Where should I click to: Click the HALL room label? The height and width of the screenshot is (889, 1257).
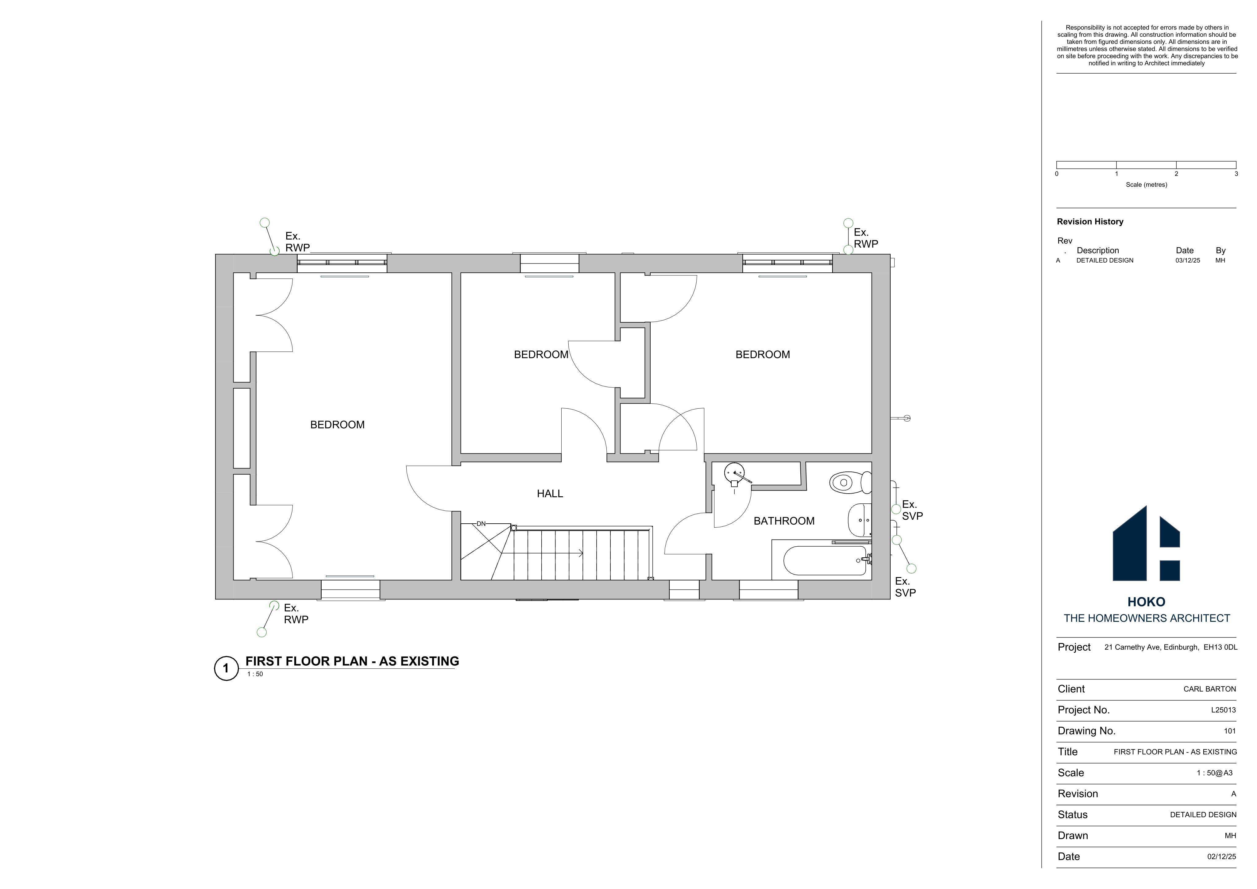(x=550, y=494)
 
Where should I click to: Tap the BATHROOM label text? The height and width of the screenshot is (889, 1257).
(x=784, y=521)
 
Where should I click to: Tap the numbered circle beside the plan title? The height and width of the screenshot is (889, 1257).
(x=226, y=668)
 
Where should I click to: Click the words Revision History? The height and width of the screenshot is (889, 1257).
(x=1090, y=222)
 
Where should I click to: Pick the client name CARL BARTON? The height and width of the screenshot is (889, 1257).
(x=1209, y=689)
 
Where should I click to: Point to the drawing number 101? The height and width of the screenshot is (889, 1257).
(x=1230, y=731)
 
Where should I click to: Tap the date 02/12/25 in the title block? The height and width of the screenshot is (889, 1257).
(x=1221, y=857)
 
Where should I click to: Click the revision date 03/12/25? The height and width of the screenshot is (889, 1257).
(x=1187, y=260)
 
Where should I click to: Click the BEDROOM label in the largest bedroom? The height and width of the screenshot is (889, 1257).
(x=337, y=425)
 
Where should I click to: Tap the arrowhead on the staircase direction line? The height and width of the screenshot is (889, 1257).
(x=581, y=553)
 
